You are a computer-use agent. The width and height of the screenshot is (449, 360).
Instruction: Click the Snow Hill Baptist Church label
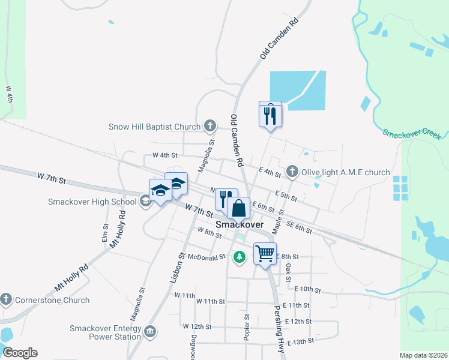(x=154, y=127)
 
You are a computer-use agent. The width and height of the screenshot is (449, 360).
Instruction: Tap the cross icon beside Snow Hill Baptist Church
(x=209, y=126)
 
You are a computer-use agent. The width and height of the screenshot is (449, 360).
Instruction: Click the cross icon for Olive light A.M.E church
(x=292, y=172)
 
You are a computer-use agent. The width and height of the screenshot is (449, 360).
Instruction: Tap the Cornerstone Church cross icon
(x=6, y=299)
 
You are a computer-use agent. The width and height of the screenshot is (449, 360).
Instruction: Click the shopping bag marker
(x=238, y=208)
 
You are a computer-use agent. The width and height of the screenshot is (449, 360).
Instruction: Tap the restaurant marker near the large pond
(x=270, y=114)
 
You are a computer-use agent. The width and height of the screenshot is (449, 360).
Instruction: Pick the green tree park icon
(x=240, y=257)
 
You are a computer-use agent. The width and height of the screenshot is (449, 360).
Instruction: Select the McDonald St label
(x=205, y=256)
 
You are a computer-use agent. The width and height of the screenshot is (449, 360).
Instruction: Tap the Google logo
(x=20, y=353)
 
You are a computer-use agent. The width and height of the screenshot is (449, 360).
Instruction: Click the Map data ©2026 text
(x=423, y=355)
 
